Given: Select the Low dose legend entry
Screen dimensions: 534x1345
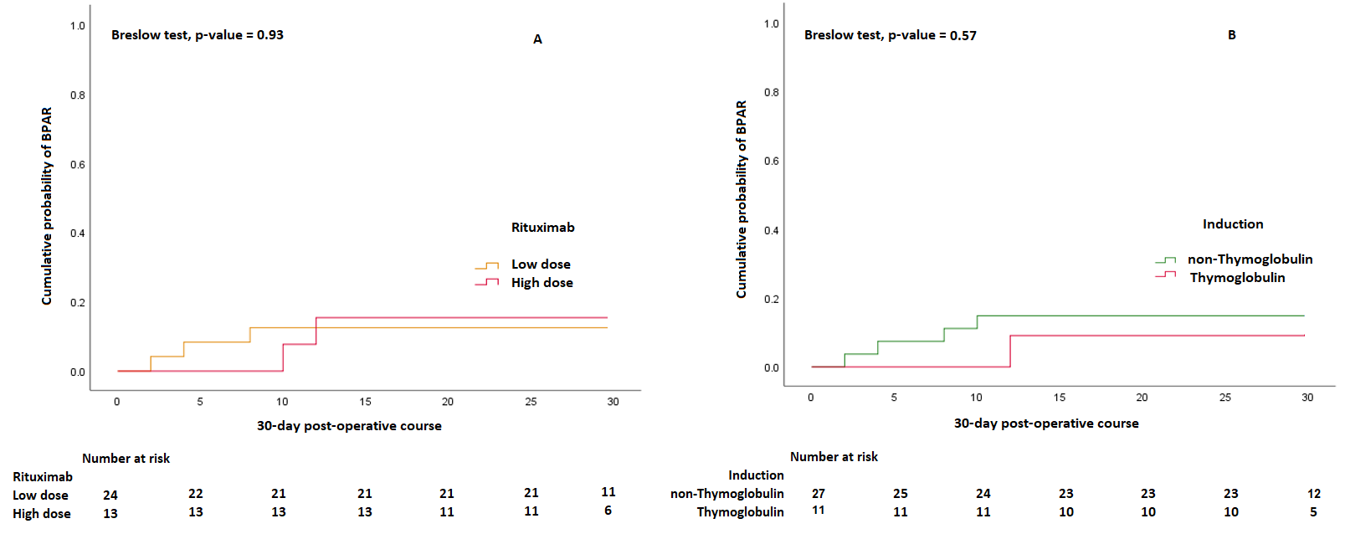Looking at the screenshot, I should coord(541,264).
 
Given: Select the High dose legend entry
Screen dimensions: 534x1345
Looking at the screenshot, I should coord(542,283).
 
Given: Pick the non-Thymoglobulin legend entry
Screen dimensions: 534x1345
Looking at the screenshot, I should coord(1250,259).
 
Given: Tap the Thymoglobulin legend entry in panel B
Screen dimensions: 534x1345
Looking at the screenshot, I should coord(1237,278).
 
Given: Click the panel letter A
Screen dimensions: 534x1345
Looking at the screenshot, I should coord(537,39).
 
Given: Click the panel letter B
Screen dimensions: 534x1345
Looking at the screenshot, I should coord(1231,35).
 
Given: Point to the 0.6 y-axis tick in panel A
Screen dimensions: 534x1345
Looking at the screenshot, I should coord(78,165).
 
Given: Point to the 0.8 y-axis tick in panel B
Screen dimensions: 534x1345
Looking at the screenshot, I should coord(771,92).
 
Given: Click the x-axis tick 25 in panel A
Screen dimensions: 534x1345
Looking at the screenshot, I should coord(531,402).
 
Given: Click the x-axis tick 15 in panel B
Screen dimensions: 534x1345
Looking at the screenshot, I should coord(1059,398).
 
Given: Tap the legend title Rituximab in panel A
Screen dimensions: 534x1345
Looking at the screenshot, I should coord(542,228).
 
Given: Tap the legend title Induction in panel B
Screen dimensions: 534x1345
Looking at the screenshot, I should coord(1233,224).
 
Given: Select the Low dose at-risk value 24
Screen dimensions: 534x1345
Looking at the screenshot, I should coord(110,495).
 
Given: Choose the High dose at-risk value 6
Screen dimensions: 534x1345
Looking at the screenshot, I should coord(608,511).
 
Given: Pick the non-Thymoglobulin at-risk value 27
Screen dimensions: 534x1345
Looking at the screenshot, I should coord(818,494).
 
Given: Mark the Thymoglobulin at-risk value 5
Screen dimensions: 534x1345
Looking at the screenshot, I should coord(1313,512).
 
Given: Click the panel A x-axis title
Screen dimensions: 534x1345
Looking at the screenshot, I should coord(349,426).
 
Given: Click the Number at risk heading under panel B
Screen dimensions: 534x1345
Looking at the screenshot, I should coord(834,457).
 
